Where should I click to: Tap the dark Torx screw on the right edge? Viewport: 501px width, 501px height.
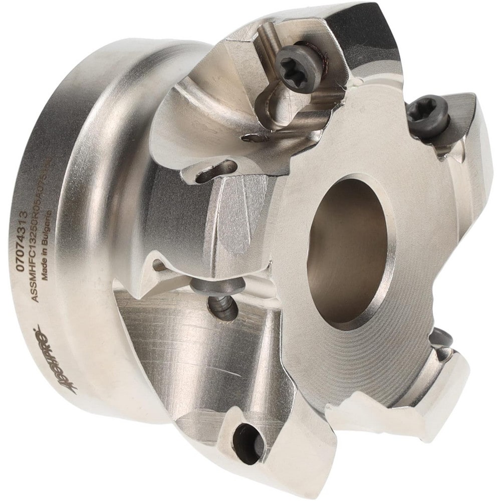click(426, 115)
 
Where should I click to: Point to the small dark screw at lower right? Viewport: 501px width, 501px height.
click(443, 341)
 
